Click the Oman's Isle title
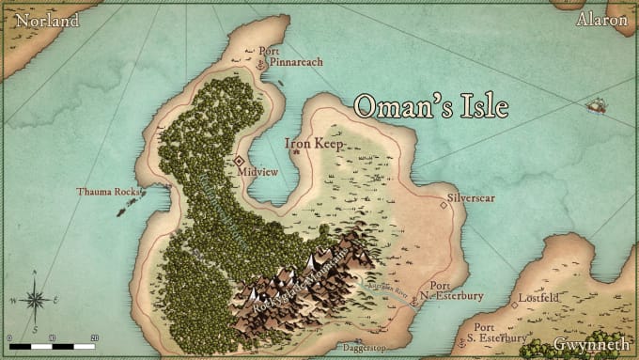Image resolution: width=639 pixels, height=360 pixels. pos(431,106)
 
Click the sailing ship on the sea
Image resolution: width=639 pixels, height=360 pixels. pos(595,106)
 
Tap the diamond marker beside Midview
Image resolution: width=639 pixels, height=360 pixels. pos(239,161)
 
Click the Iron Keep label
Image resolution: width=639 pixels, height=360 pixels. pos(314,144)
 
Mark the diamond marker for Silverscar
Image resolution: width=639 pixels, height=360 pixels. pos(444,205)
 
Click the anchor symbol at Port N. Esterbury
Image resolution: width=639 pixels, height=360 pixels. pos(413,298)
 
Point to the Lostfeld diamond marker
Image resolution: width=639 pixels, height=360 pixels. pos(514,304)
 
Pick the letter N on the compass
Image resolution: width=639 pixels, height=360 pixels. pos(35,274)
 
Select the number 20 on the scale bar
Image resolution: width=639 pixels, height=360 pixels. pos(94,337)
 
